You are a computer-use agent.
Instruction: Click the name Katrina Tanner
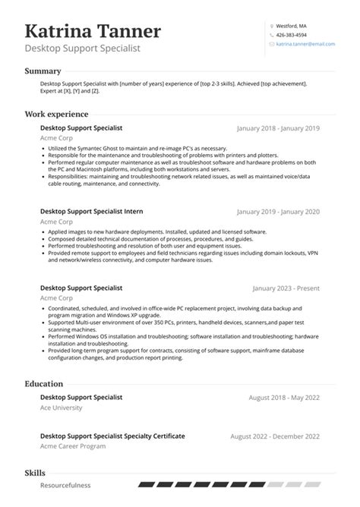pyautogui.click(x=93, y=31)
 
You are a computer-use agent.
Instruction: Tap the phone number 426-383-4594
pyautogui.click(x=292, y=35)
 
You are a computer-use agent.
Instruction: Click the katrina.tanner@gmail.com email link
pyautogui.click(x=305, y=45)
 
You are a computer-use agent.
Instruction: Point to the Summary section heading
pyautogui.click(x=43, y=71)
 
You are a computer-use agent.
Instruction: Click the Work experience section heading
pyautogui.click(x=57, y=114)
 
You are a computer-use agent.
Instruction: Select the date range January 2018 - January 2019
pyautogui.click(x=279, y=129)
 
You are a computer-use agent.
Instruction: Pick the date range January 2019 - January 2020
pyautogui.click(x=279, y=212)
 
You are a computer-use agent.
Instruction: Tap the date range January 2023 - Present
pyautogui.click(x=286, y=289)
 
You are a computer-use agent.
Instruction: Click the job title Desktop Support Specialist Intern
pyautogui.click(x=91, y=211)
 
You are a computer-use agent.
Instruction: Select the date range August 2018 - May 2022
pyautogui.click(x=284, y=398)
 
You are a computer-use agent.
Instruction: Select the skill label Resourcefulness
pyautogui.click(x=65, y=485)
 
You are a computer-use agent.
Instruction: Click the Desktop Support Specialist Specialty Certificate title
pyautogui.click(x=112, y=436)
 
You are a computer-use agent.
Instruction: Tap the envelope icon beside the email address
pyautogui.click(x=271, y=45)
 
